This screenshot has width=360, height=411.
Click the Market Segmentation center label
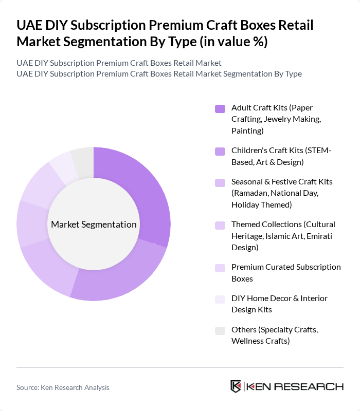coord(94,225)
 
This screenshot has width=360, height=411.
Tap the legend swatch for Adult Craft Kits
coord(220,108)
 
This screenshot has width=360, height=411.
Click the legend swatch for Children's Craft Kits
coord(220,151)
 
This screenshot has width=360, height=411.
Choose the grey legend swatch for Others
coord(220,330)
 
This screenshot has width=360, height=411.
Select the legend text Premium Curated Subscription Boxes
coord(286,272)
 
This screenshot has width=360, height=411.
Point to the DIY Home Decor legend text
coord(279,304)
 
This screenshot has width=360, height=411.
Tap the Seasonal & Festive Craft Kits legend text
coord(282,193)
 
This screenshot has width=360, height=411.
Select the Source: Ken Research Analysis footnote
coord(63,387)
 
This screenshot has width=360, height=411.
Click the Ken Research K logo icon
coord(236,387)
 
